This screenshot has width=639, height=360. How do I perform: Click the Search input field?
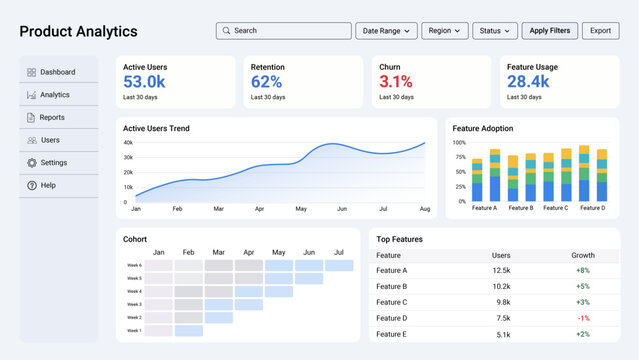pos(282,31)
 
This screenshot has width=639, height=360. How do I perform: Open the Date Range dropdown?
pos(386,31)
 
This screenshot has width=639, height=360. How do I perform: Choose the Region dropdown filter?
pos(445,31)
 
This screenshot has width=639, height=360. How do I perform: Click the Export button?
pos(600,31)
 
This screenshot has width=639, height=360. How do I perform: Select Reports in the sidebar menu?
pos(52,117)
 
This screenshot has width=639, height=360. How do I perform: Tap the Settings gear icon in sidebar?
pos(32,162)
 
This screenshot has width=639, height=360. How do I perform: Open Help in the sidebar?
pos(48,185)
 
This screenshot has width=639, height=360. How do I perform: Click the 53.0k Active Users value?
pos(144,82)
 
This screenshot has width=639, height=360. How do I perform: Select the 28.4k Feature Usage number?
pos(528,82)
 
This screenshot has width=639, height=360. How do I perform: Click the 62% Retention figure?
pos(266,82)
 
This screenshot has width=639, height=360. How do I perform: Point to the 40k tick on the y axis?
pos(128,143)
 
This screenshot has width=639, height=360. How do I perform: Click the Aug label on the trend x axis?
pos(424,209)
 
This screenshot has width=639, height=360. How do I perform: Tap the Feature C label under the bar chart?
pos(556,208)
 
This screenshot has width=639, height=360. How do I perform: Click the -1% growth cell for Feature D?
pos(582,318)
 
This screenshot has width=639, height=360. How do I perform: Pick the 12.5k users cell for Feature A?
pos(501,271)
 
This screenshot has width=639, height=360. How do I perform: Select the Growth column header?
pos(582,255)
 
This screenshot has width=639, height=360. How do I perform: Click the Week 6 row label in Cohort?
pos(134,265)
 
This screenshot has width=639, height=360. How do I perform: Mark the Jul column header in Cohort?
pos(338,252)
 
